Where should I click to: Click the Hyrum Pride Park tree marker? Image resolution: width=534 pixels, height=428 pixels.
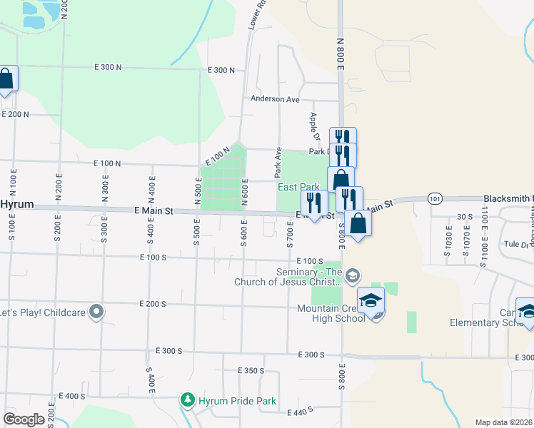(188, 399)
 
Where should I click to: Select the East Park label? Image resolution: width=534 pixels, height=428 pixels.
(298, 187)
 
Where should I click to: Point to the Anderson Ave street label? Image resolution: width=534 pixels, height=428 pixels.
(275, 99)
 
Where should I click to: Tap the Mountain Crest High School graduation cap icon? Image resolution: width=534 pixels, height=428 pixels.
(371, 302)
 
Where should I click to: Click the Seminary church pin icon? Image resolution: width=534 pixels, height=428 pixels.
(352, 275)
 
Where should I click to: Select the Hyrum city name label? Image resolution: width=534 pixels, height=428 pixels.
(16, 204)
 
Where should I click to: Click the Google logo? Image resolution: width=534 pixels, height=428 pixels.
(24, 419)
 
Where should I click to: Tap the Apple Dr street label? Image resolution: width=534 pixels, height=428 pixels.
(314, 126)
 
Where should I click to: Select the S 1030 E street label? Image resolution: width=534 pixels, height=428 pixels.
(449, 237)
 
